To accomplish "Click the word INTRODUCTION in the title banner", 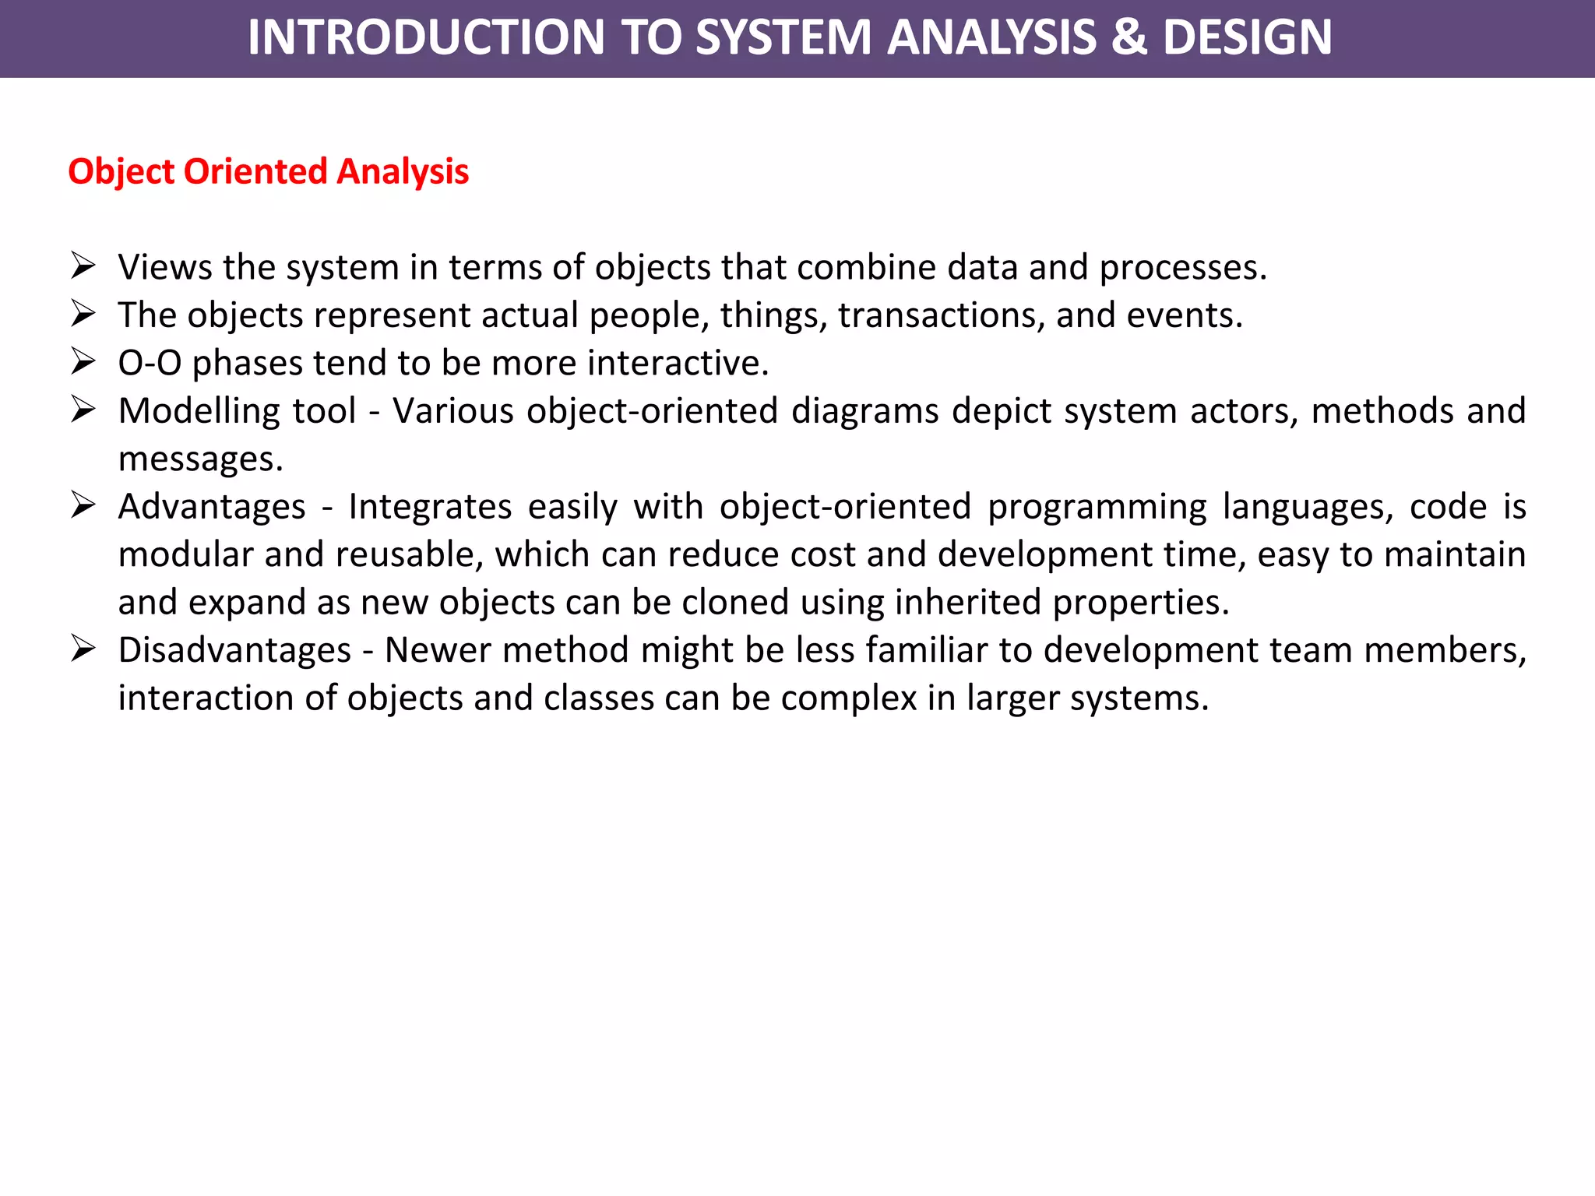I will pos(426,37).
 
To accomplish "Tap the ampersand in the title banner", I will pos(1128,37).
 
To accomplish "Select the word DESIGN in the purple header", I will pos(1247,37).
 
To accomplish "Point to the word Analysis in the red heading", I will pos(403,171).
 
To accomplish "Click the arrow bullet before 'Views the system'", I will pos(83,266).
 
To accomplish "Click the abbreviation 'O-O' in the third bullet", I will pos(150,363).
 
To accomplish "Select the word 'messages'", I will pos(200,459).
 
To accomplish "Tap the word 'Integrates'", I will pos(430,507).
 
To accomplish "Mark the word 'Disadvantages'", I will pos(234,650).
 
